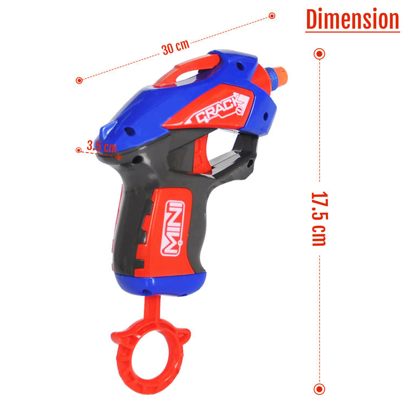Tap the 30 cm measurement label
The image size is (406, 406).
175,47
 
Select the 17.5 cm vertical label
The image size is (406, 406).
319,219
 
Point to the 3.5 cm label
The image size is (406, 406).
102,146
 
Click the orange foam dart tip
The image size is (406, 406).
281,73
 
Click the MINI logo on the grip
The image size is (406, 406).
172,228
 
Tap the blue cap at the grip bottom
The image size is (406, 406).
161,284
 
